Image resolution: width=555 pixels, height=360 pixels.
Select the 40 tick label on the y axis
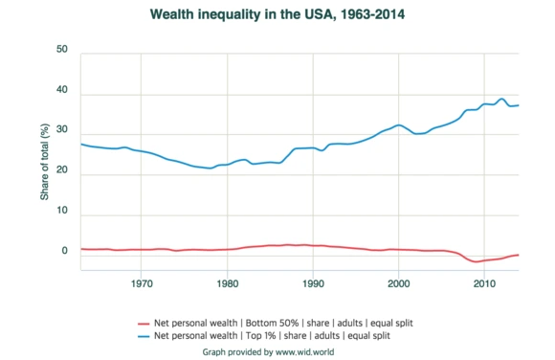[x=61, y=90]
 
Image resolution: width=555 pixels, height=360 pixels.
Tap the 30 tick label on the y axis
[x=61, y=131]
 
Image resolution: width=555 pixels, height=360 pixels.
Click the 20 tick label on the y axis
[x=61, y=171]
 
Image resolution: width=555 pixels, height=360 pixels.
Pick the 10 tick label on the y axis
[x=61, y=212]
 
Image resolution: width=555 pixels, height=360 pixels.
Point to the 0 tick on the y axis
[x=64, y=252]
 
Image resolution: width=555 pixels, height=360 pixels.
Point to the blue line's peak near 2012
[x=500, y=99]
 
